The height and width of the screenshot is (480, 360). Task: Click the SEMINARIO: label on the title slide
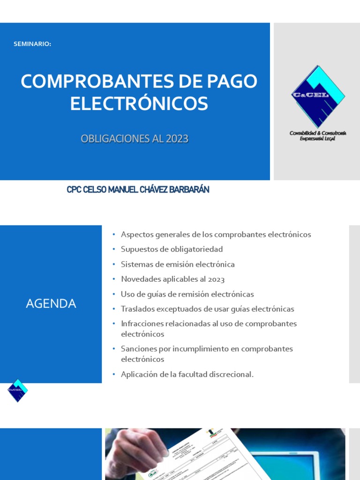[32, 44]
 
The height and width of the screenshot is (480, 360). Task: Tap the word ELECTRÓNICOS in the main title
[139, 104]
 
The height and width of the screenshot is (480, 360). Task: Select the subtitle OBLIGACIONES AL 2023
[135, 139]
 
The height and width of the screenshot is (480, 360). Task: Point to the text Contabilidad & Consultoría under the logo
[318, 133]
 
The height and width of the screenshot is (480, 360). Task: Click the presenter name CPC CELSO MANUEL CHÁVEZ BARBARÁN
[138, 190]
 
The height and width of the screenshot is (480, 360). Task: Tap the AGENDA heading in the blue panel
[51, 304]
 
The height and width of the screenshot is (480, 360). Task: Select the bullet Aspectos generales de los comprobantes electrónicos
[216, 234]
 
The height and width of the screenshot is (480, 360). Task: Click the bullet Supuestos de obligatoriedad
[172, 249]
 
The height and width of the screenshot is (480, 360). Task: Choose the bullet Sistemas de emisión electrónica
[178, 264]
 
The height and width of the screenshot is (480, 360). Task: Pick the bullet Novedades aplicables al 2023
[172, 279]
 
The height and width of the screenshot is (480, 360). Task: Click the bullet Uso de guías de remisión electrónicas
[187, 294]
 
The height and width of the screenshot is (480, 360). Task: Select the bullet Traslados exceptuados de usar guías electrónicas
[207, 309]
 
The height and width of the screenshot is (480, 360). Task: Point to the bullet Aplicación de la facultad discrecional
[187, 375]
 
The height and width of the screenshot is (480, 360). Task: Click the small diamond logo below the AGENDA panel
[18, 390]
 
